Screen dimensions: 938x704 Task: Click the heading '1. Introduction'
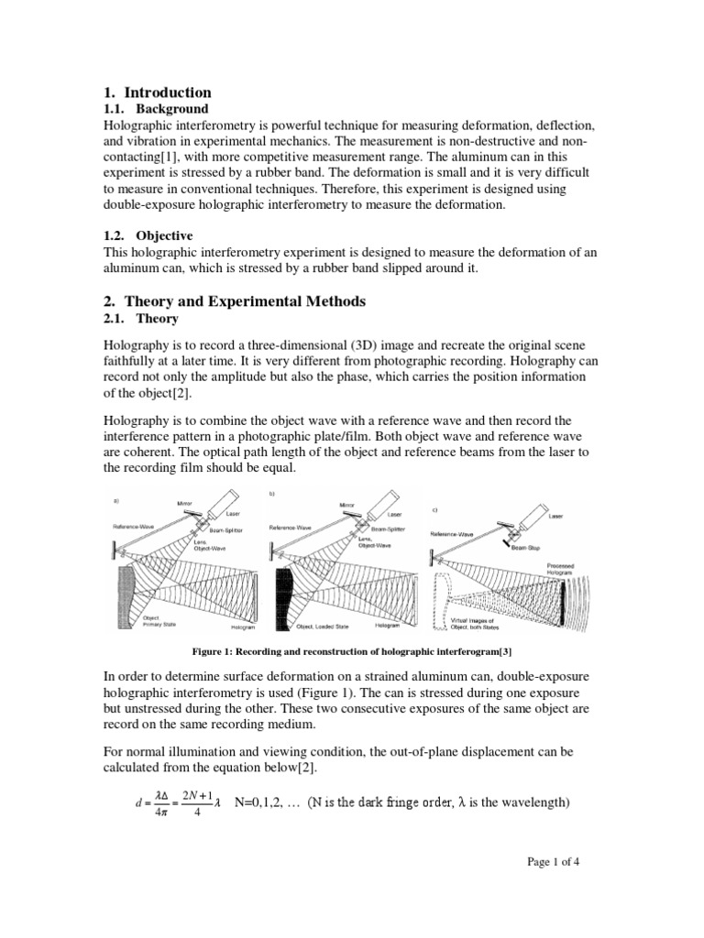coord(156,93)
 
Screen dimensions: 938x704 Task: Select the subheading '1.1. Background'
coord(155,109)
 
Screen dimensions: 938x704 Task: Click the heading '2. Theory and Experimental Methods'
coord(233,301)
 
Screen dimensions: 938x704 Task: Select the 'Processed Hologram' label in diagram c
coord(559,570)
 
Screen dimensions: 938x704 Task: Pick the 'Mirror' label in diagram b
coord(347,504)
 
